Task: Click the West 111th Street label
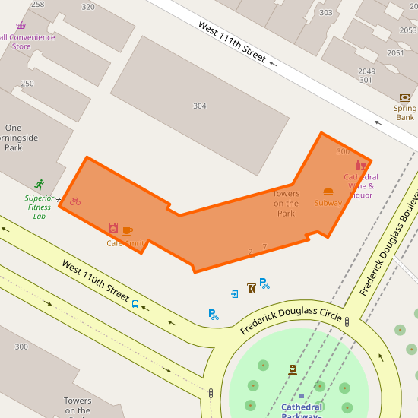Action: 232,41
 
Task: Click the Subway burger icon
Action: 328,192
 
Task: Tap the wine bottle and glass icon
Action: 361,165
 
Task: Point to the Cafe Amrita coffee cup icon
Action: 127,231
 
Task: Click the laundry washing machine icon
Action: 113,227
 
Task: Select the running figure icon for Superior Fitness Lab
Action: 40,185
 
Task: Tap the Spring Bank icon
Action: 404,97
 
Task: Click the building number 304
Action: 199,106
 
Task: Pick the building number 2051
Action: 395,53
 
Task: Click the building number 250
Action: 27,84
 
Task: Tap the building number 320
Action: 88,7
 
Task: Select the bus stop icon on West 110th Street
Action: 135,304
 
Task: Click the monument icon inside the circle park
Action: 293,369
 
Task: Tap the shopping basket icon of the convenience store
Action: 21,26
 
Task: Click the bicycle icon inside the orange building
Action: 75,201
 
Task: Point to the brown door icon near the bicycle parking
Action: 251,287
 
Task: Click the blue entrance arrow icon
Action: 235,293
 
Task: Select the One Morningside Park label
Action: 14,138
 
